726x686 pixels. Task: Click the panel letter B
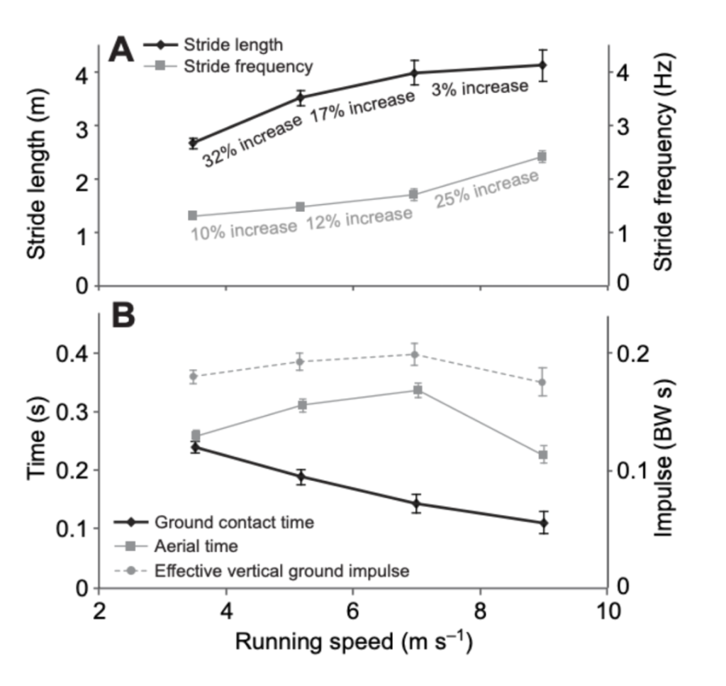[122, 316]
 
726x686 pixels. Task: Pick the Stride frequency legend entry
[247, 67]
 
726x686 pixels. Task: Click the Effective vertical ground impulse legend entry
[281, 570]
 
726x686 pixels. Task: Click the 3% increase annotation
[479, 87]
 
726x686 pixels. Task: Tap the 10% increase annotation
[243, 228]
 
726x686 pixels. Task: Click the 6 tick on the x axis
[352, 609]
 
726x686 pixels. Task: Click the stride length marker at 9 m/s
[542, 65]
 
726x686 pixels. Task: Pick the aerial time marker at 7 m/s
[418, 390]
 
